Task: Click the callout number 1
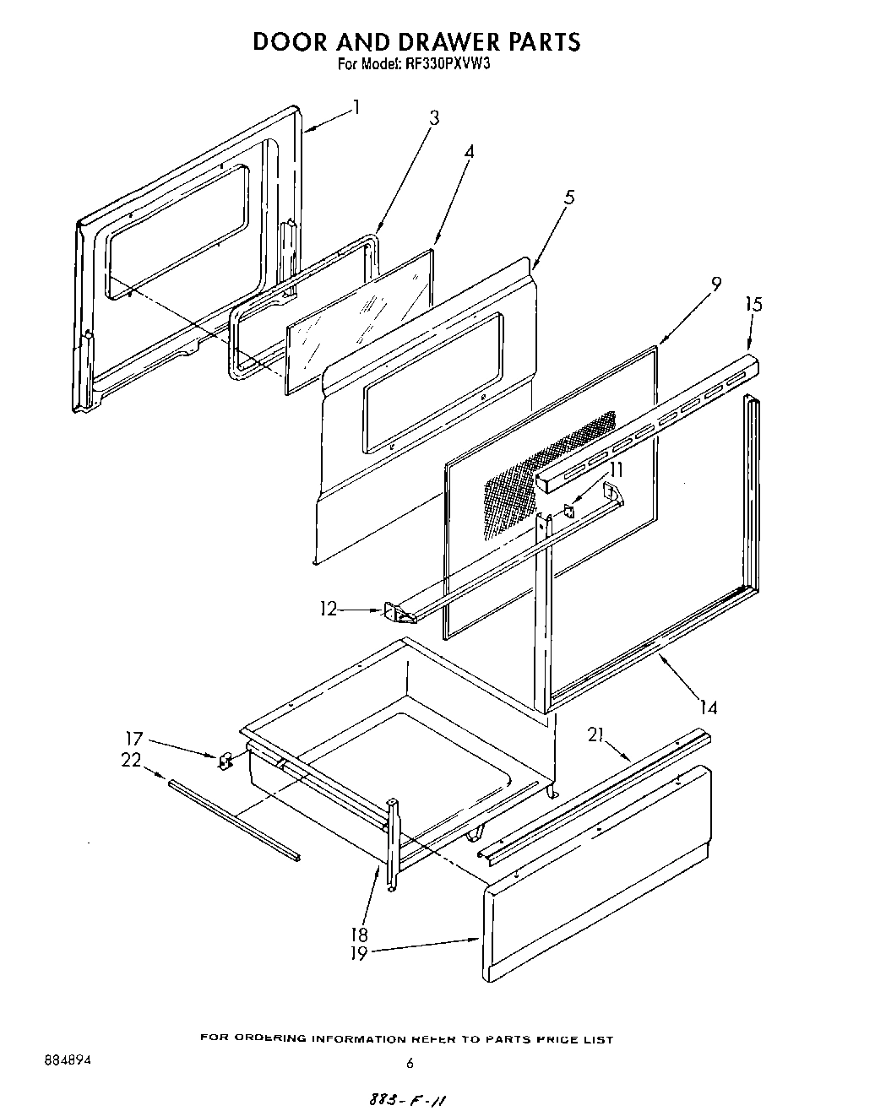click(x=357, y=107)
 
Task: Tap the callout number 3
click(x=434, y=118)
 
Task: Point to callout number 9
click(x=715, y=285)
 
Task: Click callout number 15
click(x=753, y=304)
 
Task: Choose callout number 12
click(x=329, y=608)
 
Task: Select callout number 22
click(x=131, y=760)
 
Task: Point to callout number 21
click(x=597, y=737)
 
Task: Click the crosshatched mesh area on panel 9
click(x=549, y=460)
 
